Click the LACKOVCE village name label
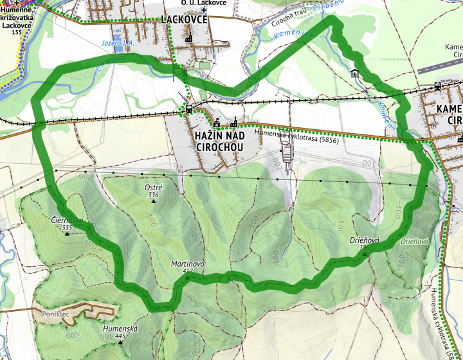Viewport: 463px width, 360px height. click(185, 19)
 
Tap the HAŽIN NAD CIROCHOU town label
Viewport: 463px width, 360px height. click(218, 141)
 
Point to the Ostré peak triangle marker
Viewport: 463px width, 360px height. click(154, 202)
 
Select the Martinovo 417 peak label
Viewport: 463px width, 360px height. click(187, 268)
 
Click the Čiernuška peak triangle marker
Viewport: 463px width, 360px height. click(67, 235)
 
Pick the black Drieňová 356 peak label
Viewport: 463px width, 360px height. click(365, 242)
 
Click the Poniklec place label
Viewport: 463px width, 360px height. click(55, 314)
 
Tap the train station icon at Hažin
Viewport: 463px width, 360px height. click(189, 109)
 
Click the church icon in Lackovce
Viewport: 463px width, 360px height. click(188, 39)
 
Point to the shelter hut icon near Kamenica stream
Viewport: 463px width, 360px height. click(354, 73)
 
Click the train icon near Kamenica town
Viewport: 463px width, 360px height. click(437, 85)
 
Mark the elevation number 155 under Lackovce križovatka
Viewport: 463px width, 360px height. click(16, 32)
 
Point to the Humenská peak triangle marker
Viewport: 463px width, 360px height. click(120, 342)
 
